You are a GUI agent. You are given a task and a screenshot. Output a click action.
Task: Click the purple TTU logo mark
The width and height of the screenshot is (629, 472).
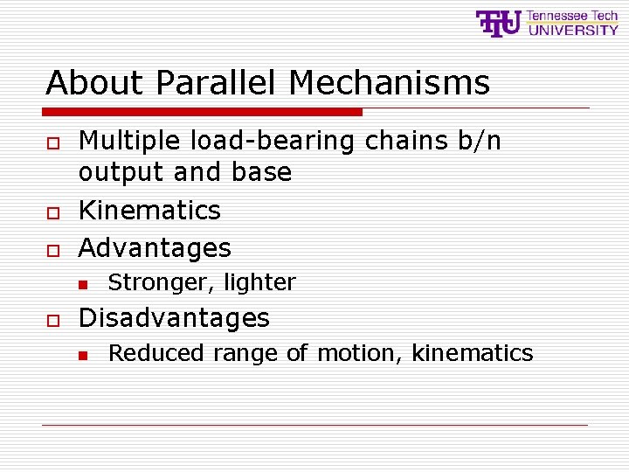498,23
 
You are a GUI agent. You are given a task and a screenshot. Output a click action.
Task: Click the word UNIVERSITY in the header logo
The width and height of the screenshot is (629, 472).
573,30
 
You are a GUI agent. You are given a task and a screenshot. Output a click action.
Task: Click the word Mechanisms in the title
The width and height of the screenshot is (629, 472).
389,83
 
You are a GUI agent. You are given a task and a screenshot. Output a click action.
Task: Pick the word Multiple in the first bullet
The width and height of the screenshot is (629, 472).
129,141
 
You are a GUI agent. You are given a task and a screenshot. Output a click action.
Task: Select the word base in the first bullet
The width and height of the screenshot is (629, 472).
261,172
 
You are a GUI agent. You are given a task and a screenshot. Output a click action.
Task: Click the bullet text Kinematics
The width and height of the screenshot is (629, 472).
149,211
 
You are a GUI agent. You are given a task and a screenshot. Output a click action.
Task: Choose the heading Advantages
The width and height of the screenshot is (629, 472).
155,248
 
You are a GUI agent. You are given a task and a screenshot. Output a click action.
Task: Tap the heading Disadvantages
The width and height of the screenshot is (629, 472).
174,317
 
